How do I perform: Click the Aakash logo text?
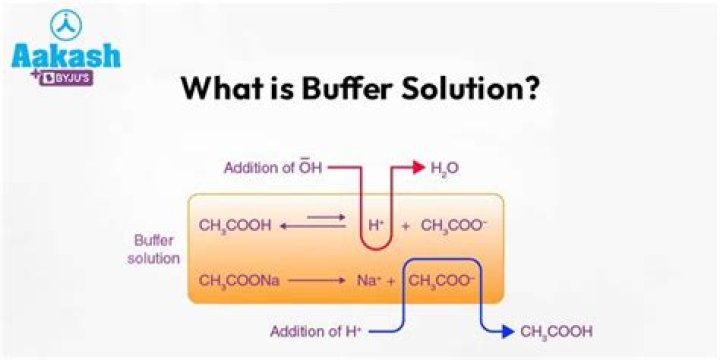tap(66, 54)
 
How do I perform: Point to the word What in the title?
tap(216, 89)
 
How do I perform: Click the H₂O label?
tap(445, 168)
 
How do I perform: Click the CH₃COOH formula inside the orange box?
tap(235, 225)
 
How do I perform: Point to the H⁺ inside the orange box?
tap(376, 225)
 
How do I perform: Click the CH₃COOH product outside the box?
tap(556, 330)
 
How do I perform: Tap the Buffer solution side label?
tap(155, 250)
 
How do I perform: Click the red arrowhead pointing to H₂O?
tap(414, 167)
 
